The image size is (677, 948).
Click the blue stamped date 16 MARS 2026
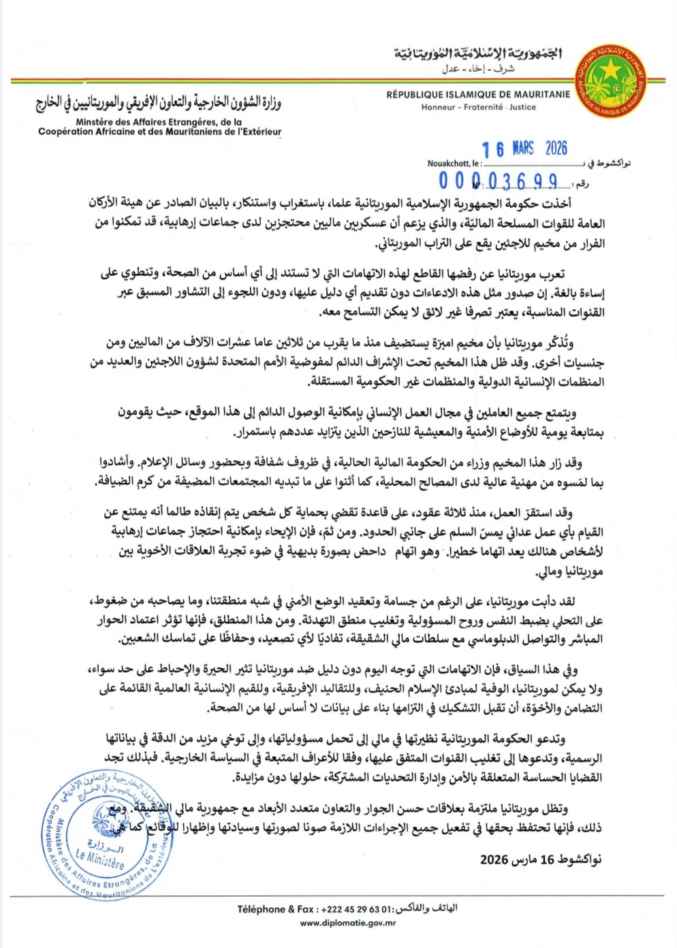(x=524, y=148)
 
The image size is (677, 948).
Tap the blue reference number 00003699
(x=499, y=181)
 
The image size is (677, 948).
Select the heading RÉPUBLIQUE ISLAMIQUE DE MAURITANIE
(x=478, y=95)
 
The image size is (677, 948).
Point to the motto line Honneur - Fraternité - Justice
(x=478, y=107)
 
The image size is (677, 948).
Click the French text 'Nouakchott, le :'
(x=454, y=163)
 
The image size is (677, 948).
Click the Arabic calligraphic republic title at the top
(x=477, y=54)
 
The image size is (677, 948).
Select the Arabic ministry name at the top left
(x=159, y=103)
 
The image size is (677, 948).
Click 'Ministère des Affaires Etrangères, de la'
(x=159, y=122)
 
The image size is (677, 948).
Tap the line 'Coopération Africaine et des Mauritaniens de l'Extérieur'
(x=159, y=131)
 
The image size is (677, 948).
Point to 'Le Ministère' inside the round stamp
(x=99, y=859)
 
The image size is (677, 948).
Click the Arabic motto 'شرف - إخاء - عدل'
(x=477, y=69)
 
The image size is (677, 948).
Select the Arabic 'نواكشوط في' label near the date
(x=608, y=163)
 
